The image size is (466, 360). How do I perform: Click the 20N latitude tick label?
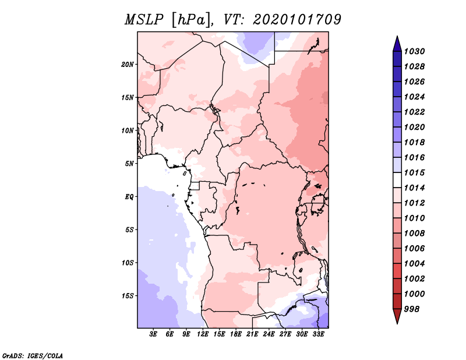coord(128,65)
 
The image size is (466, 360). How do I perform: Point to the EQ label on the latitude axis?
coord(129,197)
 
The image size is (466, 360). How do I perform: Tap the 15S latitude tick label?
coord(128,296)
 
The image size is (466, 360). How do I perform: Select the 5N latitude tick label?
coord(129,164)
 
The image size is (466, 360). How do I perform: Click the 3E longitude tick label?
coord(153,334)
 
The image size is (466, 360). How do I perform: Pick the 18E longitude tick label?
coord(236,334)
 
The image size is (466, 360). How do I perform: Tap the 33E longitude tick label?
coord(318,334)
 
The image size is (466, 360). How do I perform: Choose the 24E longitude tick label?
coord(269,334)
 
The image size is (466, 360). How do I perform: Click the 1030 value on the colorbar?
coord(415,51)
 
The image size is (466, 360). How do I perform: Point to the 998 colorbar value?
coord(412,309)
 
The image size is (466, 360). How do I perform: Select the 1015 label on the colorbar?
coord(415,172)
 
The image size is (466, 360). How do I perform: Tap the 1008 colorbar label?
coord(415,234)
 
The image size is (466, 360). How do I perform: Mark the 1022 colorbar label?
coord(415,112)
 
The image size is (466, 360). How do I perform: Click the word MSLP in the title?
coord(144,20)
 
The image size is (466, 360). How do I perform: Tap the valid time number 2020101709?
coord(297,20)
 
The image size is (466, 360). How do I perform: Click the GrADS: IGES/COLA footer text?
coord(33,356)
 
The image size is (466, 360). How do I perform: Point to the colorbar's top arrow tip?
coord(397,36)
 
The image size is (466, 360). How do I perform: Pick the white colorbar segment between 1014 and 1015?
coord(397,180)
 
